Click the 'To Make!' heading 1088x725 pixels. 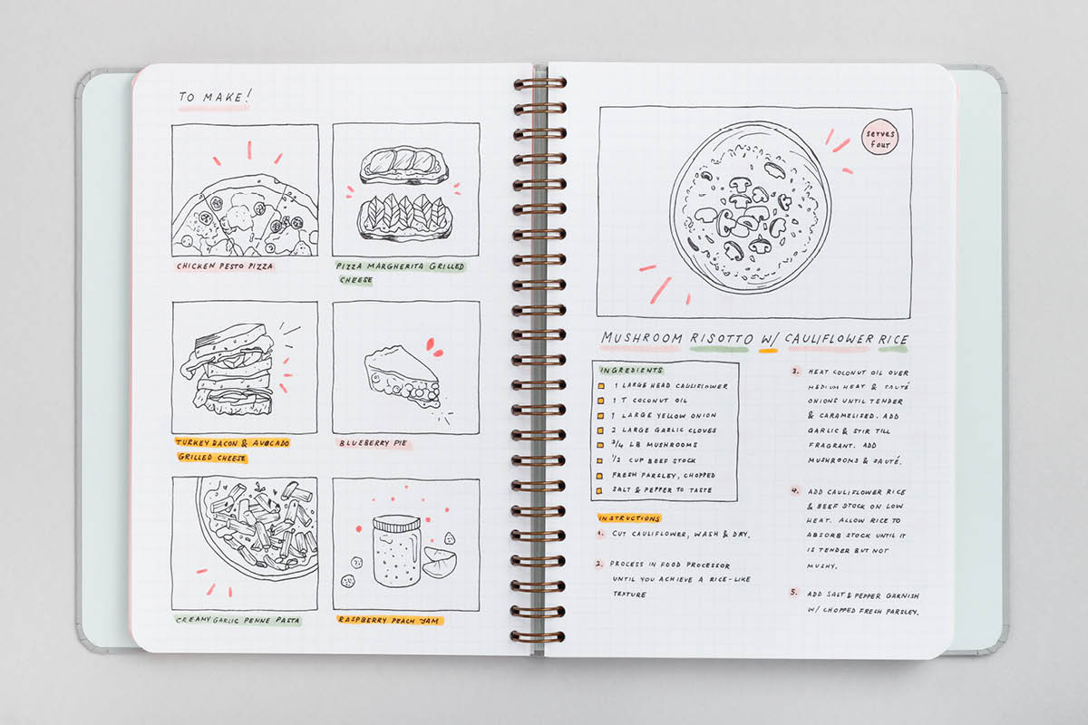click(215, 97)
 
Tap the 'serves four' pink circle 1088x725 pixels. click(879, 138)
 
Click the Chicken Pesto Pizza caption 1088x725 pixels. click(225, 266)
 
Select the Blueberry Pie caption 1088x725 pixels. click(373, 443)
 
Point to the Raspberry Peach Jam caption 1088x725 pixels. click(390, 620)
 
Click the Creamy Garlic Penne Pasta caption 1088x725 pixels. click(238, 620)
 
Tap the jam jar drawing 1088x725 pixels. click(396, 551)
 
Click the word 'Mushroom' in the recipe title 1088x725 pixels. click(642, 337)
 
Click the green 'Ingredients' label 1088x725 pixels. click(631, 370)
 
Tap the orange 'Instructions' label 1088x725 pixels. click(629, 518)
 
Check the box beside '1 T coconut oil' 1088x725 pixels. click(601, 401)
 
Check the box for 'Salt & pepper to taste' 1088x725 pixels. click(599, 490)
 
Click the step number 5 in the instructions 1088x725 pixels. click(793, 593)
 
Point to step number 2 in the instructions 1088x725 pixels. click(599, 564)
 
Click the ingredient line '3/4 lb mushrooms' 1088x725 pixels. click(655, 444)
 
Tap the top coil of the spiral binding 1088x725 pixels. click(539, 83)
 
